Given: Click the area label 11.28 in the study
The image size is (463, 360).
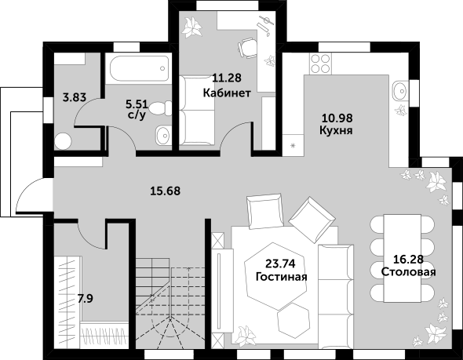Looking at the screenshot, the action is click(x=227, y=78).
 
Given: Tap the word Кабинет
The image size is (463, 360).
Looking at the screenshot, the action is click(x=227, y=93).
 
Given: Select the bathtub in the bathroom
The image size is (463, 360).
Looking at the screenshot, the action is click(x=139, y=68).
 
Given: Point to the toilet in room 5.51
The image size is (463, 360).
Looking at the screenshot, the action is click(x=161, y=108).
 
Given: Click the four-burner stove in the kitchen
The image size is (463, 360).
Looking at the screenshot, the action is click(x=320, y=64).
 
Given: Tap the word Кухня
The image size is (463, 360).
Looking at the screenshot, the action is click(x=336, y=130).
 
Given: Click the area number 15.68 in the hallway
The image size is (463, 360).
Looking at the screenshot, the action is click(x=166, y=191).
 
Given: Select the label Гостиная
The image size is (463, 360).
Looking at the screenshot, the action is click(x=282, y=277).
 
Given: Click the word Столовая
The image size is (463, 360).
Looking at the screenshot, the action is click(x=408, y=271).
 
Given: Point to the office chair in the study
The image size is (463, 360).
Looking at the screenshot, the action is click(x=247, y=48).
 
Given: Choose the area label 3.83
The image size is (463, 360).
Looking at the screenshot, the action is click(x=75, y=97).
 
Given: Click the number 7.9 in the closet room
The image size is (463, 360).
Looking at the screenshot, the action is click(x=85, y=299).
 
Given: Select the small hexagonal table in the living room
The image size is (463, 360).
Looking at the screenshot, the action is click(x=293, y=320).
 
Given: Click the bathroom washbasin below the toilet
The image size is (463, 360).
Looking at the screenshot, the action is click(x=163, y=136).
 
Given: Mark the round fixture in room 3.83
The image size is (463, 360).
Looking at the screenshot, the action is click(x=64, y=140).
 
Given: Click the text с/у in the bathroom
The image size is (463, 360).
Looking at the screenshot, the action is click(x=137, y=115).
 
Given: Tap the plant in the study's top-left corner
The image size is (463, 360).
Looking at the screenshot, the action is click(x=191, y=27).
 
